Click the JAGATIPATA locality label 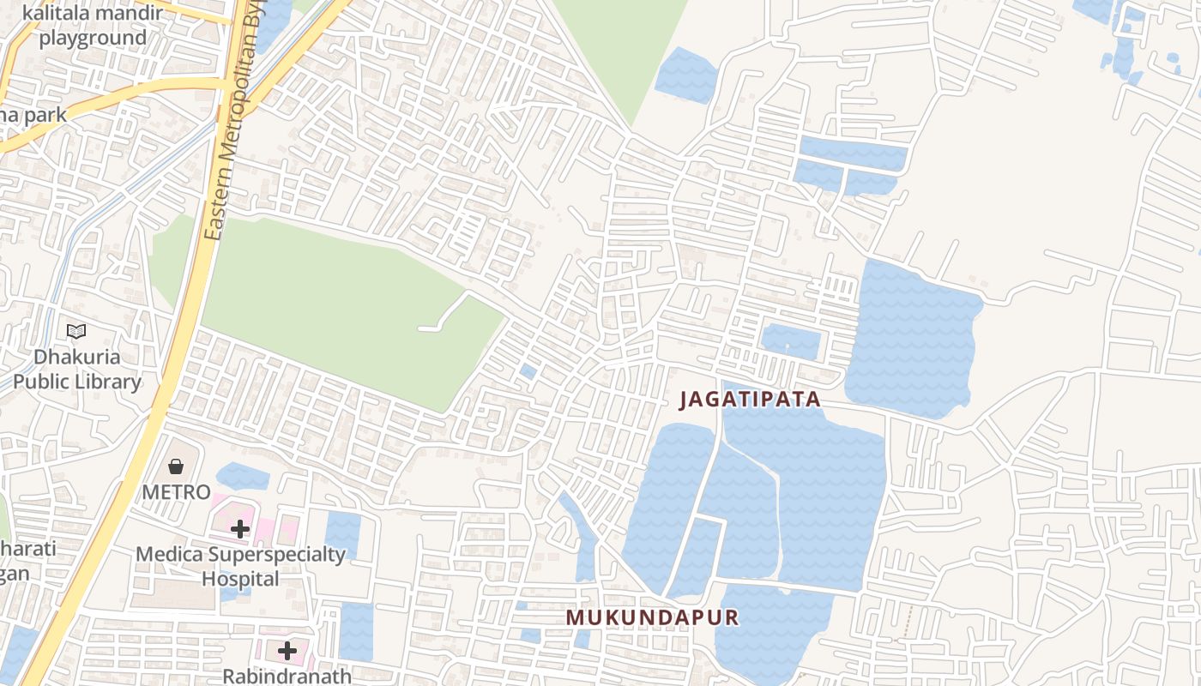pyautogui.click(x=751, y=400)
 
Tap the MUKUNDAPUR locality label pyautogui.click(x=652, y=617)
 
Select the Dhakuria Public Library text pyautogui.click(x=77, y=370)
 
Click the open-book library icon pyautogui.click(x=76, y=331)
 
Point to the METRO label pyautogui.click(x=176, y=492)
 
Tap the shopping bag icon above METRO pyautogui.click(x=176, y=466)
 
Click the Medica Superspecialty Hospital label pyautogui.click(x=240, y=567)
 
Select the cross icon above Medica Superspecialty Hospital pyautogui.click(x=240, y=529)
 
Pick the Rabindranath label pyautogui.click(x=287, y=676)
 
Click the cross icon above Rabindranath pyautogui.click(x=287, y=651)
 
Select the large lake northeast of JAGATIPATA pyautogui.click(x=914, y=339)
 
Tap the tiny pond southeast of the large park pyautogui.click(x=528, y=371)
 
